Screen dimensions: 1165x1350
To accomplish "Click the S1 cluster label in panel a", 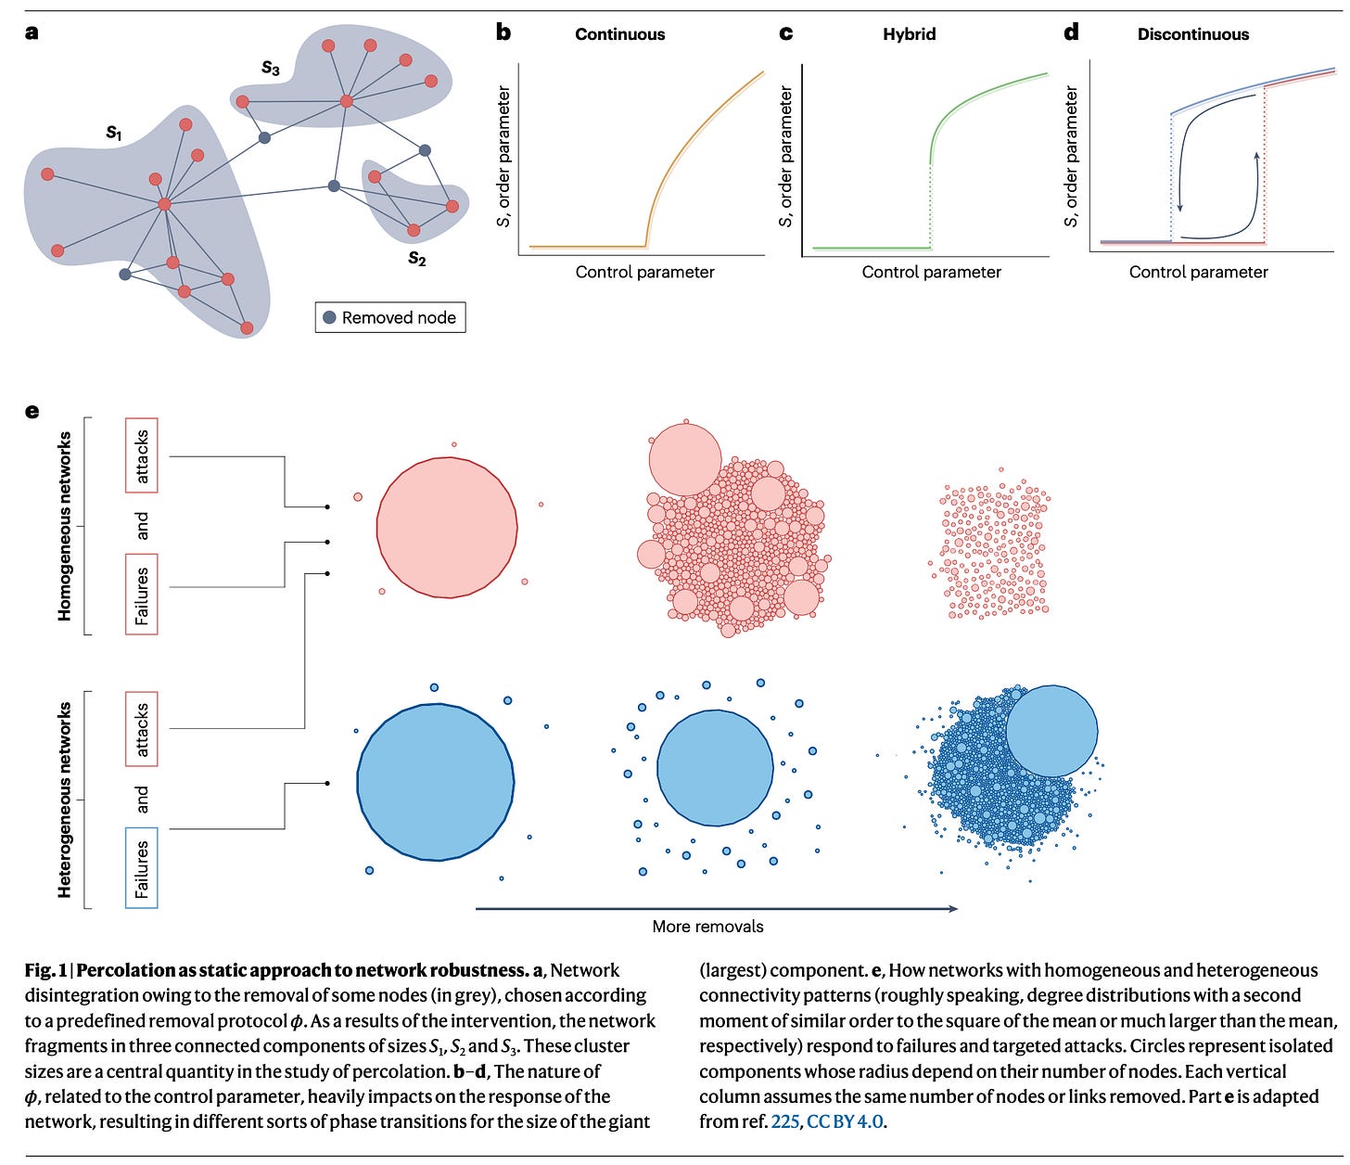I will (113, 134).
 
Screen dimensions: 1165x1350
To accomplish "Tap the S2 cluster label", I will (417, 259).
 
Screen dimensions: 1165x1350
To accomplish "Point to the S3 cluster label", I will (270, 68).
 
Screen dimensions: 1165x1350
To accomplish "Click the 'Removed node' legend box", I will (390, 317).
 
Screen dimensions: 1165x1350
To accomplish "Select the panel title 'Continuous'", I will (619, 34).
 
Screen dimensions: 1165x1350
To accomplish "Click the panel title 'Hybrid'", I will (909, 34).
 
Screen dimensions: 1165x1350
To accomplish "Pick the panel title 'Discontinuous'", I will (1192, 34).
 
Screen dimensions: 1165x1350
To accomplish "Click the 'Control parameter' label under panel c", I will (931, 272).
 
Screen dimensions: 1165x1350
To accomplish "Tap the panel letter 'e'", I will (32, 411).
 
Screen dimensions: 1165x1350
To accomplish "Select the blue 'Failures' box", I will (142, 868).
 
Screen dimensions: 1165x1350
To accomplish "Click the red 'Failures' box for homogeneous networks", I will (142, 595).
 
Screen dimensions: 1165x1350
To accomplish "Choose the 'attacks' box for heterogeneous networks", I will (142, 729).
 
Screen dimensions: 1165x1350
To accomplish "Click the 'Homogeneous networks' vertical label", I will (65, 526).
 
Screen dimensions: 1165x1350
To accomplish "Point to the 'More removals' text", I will (707, 927).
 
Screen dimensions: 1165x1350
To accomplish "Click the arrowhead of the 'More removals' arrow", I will (953, 909).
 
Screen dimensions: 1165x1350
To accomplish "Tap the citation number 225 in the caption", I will (784, 1121).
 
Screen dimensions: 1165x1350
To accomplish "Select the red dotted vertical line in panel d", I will (1265, 167).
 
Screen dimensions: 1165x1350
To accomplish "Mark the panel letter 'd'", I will (1071, 33).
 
